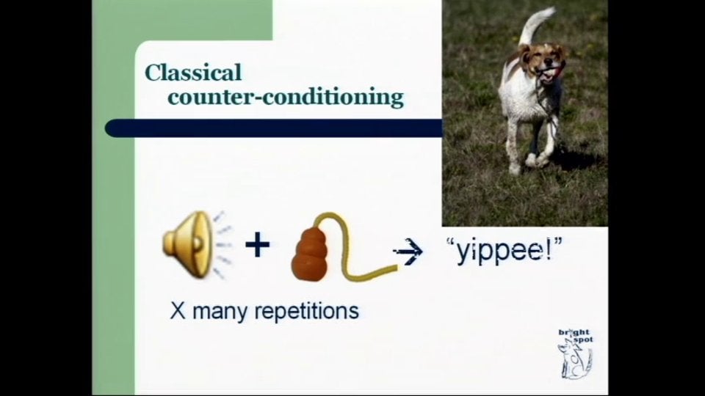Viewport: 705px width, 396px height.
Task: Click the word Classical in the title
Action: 193,73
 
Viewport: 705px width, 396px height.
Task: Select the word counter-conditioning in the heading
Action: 286,97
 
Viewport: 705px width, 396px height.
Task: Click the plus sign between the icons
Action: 257,245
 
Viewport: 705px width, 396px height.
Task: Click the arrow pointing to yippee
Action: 408,252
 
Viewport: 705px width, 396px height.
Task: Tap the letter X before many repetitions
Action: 177,310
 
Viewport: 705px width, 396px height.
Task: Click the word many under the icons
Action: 219,312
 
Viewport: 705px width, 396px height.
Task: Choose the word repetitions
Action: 306,312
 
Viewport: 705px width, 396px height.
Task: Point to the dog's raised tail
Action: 534,23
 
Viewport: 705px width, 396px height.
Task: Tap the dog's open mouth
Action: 549,75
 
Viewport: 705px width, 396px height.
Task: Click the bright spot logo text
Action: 575,337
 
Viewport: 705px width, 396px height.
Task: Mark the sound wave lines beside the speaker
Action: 223,246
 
